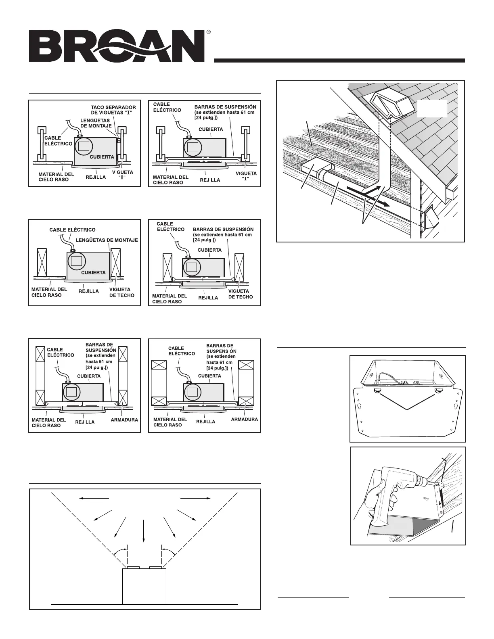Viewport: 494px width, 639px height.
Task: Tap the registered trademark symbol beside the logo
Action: (x=208, y=32)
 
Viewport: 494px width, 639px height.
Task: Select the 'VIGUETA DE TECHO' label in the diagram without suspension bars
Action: (x=120, y=292)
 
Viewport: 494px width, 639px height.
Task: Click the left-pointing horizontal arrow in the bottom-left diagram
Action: (x=94, y=499)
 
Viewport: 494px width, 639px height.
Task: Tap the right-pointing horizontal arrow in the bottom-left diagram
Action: (x=195, y=499)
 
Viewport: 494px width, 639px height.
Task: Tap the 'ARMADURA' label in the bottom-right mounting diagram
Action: (x=244, y=419)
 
